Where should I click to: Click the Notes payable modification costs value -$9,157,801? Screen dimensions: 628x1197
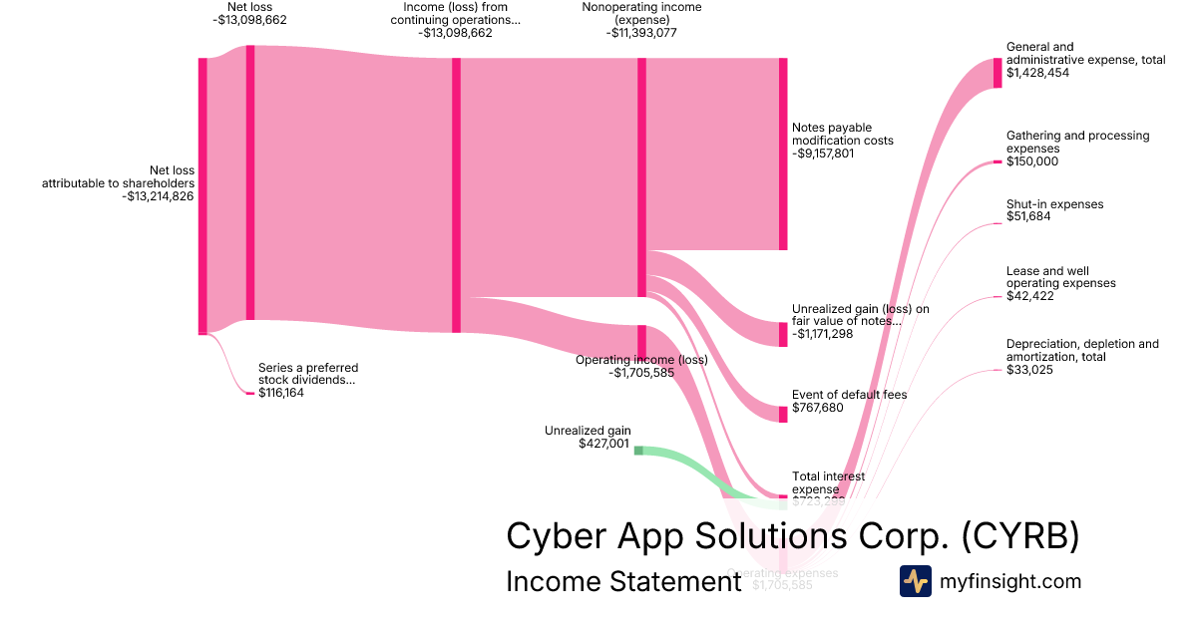click(823, 155)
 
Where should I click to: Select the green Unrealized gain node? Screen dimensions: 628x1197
click(639, 451)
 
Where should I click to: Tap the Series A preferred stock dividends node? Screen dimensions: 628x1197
click(250, 394)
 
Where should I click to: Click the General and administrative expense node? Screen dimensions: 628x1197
click(997, 73)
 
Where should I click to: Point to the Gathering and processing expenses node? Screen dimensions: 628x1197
click(997, 161)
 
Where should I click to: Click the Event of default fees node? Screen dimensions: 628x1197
click(783, 414)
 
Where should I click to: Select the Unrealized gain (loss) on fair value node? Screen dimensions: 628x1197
click(783, 334)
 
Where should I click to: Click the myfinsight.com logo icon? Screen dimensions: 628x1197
click(916, 581)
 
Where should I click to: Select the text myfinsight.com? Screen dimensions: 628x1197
click(1010, 581)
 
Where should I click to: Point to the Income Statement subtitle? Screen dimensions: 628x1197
click(623, 581)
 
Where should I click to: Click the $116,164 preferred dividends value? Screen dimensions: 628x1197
click(281, 394)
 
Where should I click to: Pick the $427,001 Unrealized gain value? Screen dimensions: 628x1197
click(603, 444)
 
